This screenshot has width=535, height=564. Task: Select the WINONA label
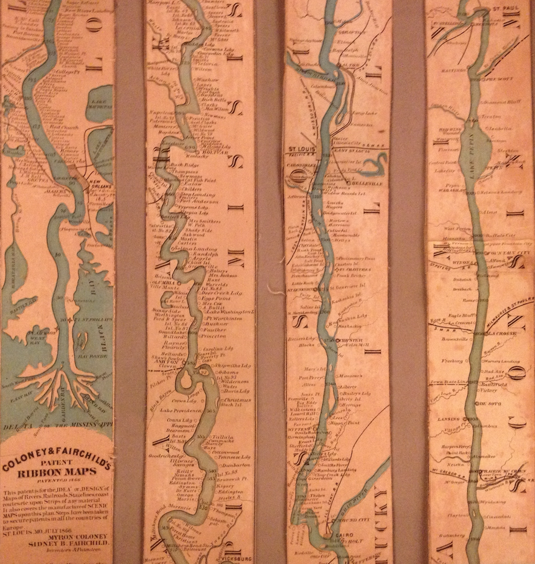click(x=463, y=263)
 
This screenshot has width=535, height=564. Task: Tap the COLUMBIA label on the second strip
click(x=163, y=282)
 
